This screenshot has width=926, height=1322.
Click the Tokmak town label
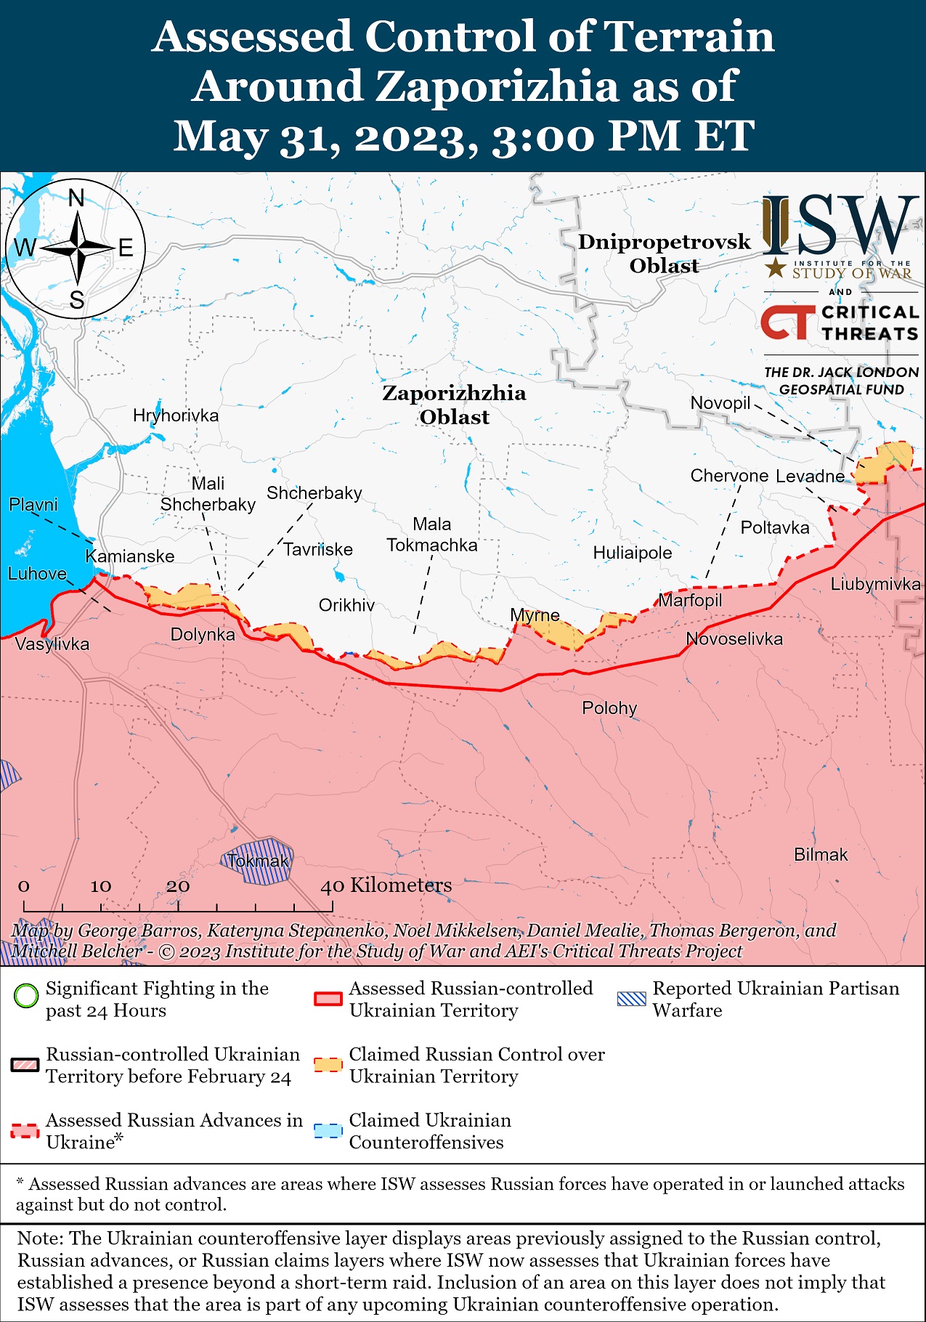point(258,861)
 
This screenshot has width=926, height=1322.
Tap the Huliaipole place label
point(632,553)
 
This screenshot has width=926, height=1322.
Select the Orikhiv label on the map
point(346,605)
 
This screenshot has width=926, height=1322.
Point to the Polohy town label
point(609,707)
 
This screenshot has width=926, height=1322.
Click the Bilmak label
point(820,854)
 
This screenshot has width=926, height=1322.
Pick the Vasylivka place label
point(52,644)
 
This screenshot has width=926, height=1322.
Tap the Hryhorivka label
point(175,415)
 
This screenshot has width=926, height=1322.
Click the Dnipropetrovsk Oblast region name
point(664,254)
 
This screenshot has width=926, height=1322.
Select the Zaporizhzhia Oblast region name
point(454,405)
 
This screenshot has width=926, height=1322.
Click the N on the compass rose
point(76,198)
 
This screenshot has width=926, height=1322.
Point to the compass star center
point(76,248)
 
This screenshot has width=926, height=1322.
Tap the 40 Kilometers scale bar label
point(386,885)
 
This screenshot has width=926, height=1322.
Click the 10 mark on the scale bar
point(101,886)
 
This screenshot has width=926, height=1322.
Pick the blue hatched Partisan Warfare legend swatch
point(630,999)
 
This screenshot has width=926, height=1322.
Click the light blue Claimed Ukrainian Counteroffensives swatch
point(328,1131)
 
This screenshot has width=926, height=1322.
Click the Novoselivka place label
point(734,638)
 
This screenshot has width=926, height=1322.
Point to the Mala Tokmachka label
point(431,535)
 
